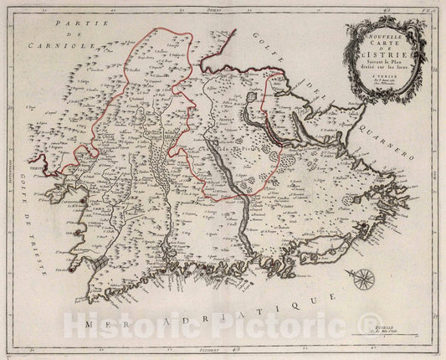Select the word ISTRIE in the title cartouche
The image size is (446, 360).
coord(387,57)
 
